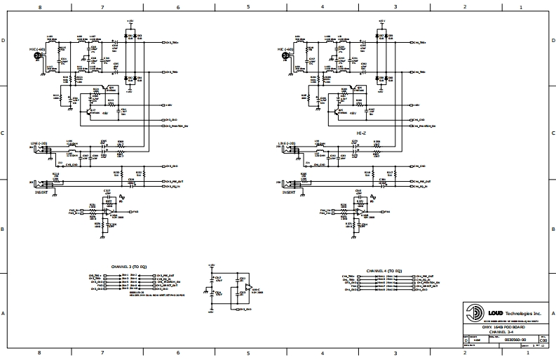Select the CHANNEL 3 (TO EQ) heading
pos(129,268)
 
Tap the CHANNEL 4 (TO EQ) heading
pos(384,271)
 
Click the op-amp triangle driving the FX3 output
pos(111,211)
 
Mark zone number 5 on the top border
pos(248,6)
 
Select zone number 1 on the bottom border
pos(520,353)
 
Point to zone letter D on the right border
pos(552,41)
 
